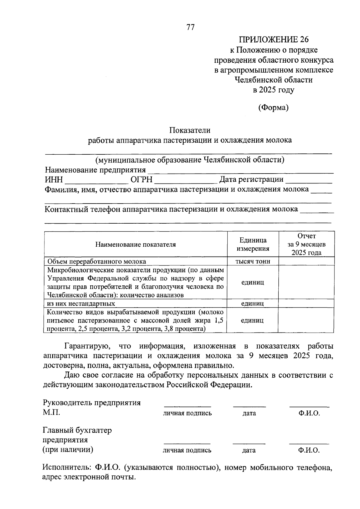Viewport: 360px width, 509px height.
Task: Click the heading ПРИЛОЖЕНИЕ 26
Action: [273, 40]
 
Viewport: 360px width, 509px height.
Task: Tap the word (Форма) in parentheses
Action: [273, 108]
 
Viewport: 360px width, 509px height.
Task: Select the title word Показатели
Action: [190, 130]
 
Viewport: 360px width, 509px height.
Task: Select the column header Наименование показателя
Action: [136, 244]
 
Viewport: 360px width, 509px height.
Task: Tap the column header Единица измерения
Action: [253, 244]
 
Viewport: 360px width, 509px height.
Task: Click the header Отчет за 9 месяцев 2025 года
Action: [306, 244]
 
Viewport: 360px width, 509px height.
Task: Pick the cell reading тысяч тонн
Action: [253, 261]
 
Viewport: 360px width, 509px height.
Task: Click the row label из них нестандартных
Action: [81, 303]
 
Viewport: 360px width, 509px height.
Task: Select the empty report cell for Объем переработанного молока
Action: [306, 261]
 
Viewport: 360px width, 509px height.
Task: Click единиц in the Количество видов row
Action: [252, 320]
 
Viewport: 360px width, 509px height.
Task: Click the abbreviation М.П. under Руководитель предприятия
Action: [51, 412]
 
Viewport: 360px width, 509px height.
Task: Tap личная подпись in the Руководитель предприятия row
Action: [187, 413]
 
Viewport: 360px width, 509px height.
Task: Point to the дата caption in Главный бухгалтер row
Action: [249, 450]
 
